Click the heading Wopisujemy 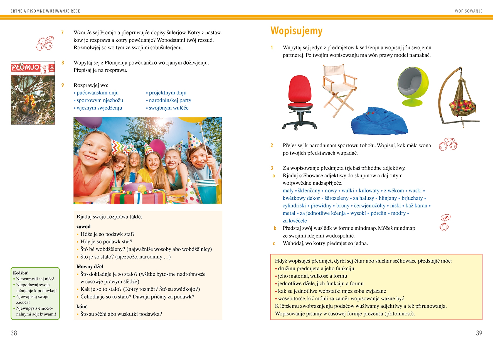tap(296, 31)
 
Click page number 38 tap(14, 333)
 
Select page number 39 tap(479, 333)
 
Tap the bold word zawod tap(83, 227)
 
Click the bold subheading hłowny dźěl tap(90, 266)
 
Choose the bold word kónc tap(82, 307)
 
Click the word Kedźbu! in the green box tap(21, 273)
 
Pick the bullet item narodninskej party tap(170, 100)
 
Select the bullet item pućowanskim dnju tap(97, 93)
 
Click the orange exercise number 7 tap(62, 33)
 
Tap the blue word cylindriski tap(294, 206)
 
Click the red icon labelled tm tap(445, 218)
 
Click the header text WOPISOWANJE tap(469, 11)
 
